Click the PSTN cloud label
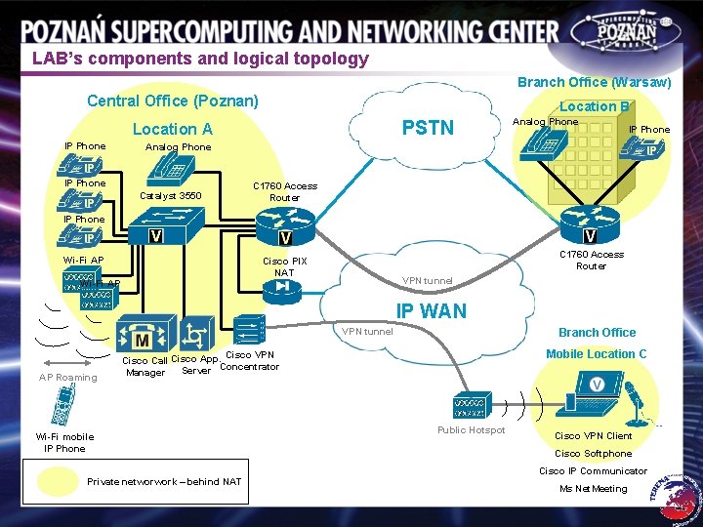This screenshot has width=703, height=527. point(428,128)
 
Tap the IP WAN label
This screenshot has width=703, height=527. point(431,311)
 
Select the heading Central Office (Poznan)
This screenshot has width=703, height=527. point(173,101)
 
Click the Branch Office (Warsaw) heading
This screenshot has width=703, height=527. point(594,83)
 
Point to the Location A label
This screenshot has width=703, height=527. point(172,129)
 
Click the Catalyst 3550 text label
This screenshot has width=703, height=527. point(171,196)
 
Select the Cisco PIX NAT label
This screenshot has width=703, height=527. point(284,266)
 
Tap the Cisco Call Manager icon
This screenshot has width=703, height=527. point(142,337)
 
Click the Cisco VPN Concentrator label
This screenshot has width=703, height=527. point(250,361)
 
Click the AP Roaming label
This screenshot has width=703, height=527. point(68,378)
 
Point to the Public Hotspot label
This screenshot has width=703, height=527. point(472,430)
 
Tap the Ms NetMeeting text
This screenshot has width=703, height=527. point(594,488)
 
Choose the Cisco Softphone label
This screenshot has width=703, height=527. point(593,453)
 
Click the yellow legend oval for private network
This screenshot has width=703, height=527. point(58,480)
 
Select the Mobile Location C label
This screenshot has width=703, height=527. point(596,354)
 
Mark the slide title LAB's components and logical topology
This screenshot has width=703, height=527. point(200,59)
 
